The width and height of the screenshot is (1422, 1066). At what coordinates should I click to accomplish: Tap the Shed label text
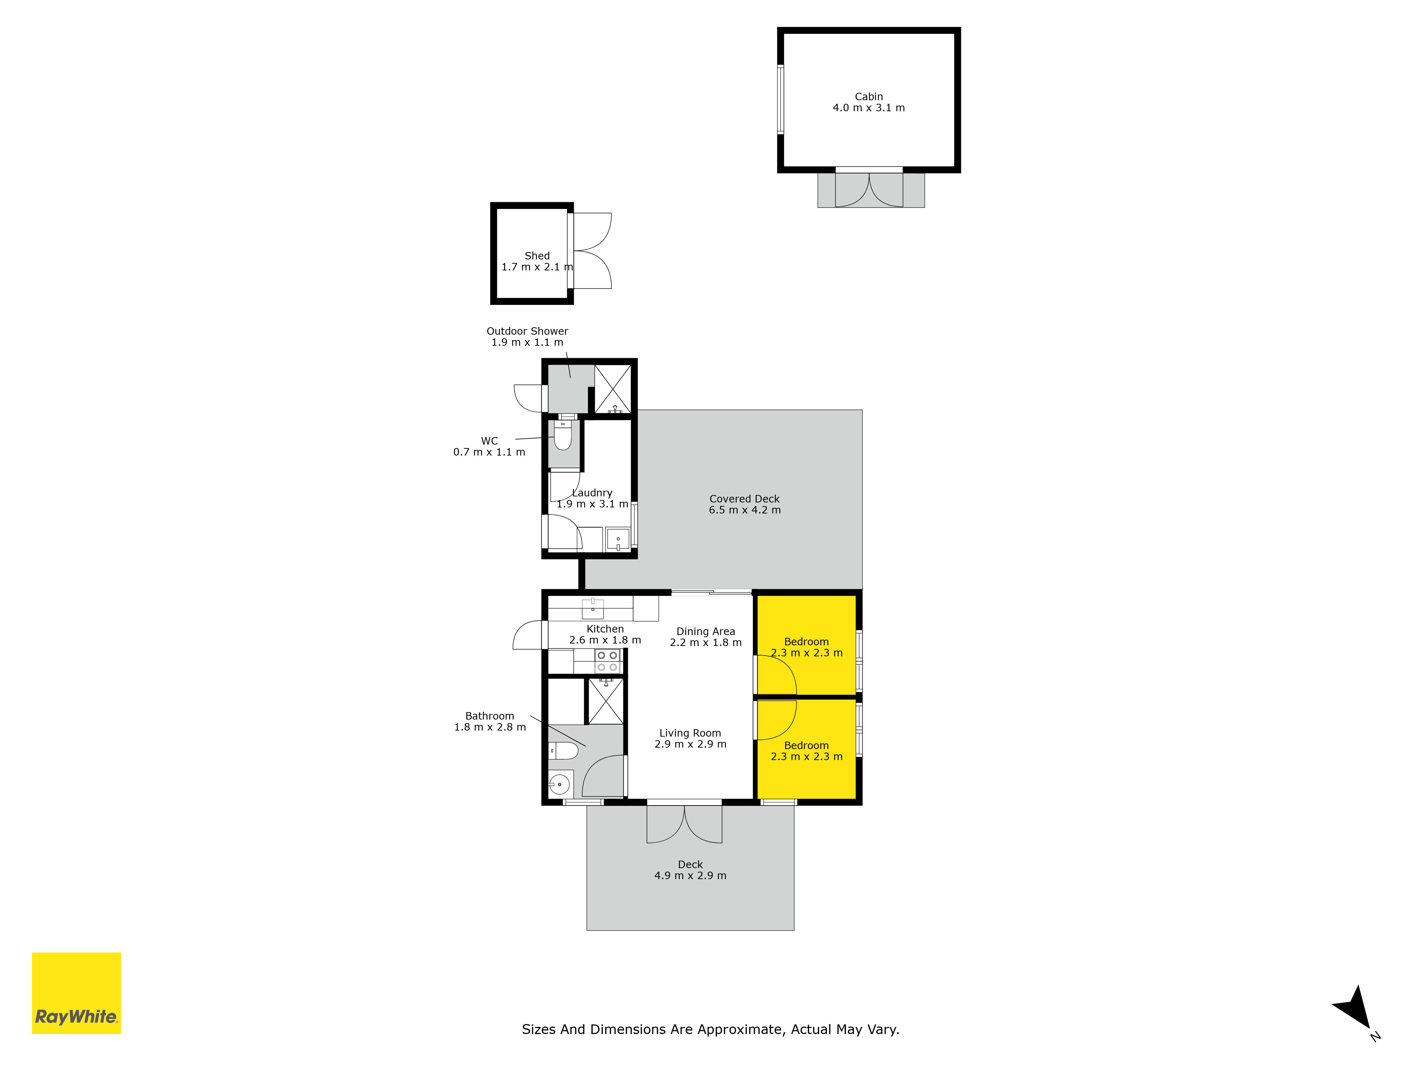click(537, 256)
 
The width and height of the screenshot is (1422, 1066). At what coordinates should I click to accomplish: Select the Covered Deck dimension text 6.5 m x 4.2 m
click(744, 510)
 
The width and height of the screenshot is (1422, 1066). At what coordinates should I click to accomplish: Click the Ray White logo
click(76, 994)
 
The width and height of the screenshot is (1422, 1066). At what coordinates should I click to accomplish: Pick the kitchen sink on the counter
click(593, 608)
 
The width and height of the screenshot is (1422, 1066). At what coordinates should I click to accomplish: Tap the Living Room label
click(690, 733)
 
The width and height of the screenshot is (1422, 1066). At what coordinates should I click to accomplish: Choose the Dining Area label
click(705, 632)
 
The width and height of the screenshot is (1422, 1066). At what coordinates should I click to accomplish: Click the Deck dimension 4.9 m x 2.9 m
click(690, 876)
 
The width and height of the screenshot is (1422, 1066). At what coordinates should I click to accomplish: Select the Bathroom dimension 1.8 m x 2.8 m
click(490, 727)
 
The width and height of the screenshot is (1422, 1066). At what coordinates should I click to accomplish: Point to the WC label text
click(489, 441)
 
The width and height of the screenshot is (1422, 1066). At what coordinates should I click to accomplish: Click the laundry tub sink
click(618, 540)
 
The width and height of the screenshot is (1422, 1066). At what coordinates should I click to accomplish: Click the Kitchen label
click(605, 629)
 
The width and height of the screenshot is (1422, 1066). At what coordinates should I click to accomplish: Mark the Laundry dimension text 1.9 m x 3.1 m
click(592, 505)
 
